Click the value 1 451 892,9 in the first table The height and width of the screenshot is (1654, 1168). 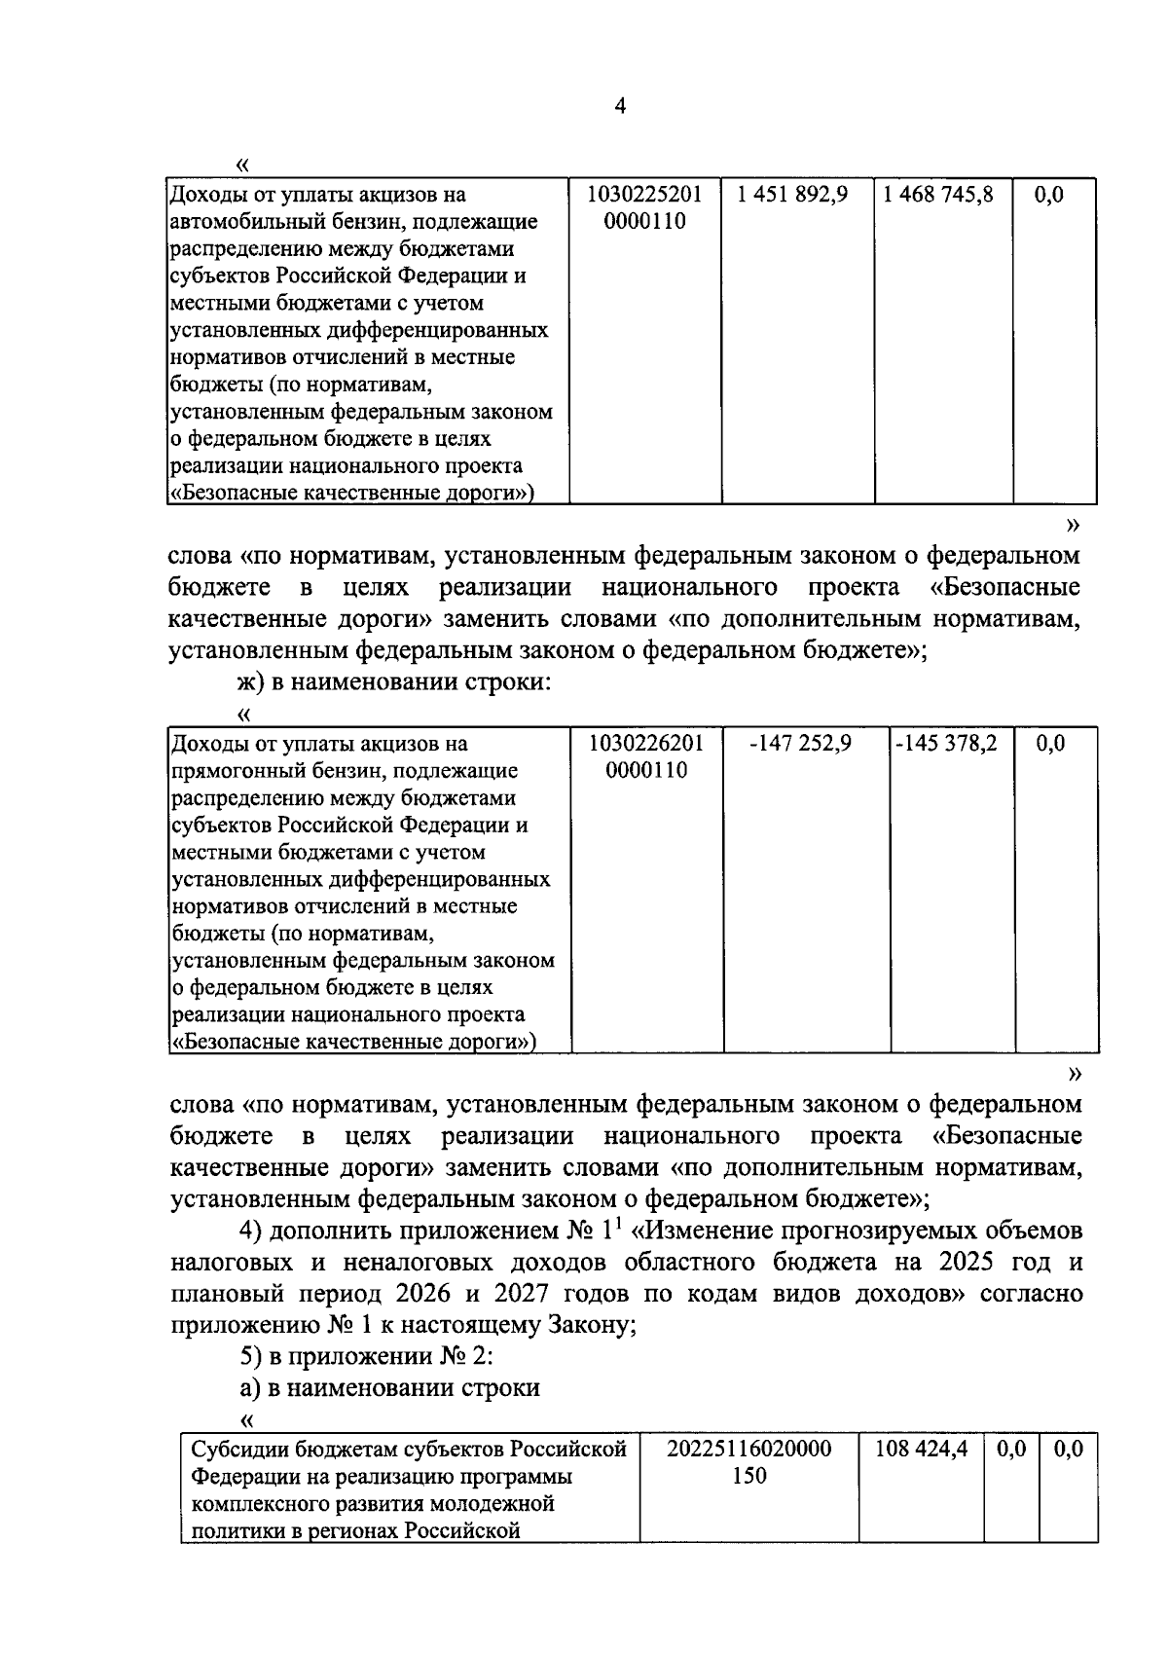[x=792, y=195]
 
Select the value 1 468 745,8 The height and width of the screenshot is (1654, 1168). [x=938, y=195]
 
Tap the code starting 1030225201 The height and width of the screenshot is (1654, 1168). [x=644, y=195]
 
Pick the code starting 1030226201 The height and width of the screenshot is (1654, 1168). [x=645, y=744]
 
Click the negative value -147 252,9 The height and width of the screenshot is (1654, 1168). [x=800, y=744]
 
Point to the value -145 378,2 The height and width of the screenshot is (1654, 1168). [x=946, y=744]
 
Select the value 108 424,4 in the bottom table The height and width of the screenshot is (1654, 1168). [x=921, y=1449]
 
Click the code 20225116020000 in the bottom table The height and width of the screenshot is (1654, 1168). [x=748, y=1449]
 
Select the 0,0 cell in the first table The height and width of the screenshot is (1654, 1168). [x=1048, y=195]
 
